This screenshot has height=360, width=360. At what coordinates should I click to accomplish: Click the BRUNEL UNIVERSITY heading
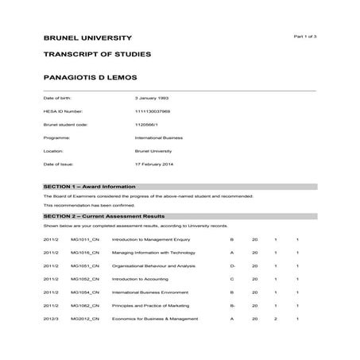pyautogui.click(x=88, y=38)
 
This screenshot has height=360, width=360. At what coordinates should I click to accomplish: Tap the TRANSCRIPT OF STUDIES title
pyautogui.click(x=97, y=55)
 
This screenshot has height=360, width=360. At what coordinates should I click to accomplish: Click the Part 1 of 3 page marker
pyautogui.click(x=305, y=37)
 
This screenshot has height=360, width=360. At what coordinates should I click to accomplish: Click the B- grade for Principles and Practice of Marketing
pyautogui.click(x=233, y=305)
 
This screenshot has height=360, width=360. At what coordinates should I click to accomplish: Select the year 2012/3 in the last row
pyautogui.click(x=51, y=318)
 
